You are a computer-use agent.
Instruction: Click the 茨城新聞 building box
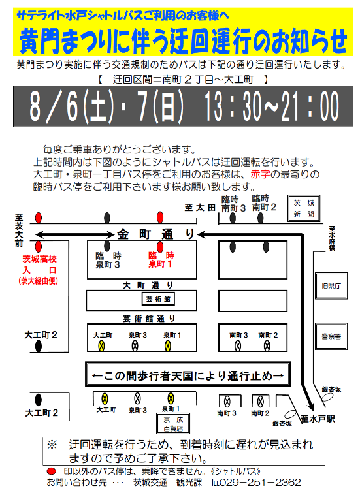304,208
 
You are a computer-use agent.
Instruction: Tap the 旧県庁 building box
331,285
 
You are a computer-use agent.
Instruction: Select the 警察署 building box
331,336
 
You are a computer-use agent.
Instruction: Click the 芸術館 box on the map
158,299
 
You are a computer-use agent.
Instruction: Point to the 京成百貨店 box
173,424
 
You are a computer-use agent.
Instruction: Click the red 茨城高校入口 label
39,270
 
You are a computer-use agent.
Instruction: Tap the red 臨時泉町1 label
161,260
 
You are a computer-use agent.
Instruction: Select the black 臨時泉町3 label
108,260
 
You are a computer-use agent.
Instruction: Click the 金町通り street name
155,234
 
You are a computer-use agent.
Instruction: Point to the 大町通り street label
148,285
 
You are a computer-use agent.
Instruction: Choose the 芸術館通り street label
149,319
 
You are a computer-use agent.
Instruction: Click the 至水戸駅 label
318,419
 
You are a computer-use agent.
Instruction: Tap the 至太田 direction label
200,208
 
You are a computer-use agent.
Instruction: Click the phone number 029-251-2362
259,483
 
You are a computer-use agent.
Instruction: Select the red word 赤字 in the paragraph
260,174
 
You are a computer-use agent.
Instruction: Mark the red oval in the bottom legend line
52,471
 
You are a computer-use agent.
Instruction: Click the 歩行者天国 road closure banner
188,375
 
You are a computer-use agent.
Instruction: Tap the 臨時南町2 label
264,202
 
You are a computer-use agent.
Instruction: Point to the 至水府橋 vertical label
332,238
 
